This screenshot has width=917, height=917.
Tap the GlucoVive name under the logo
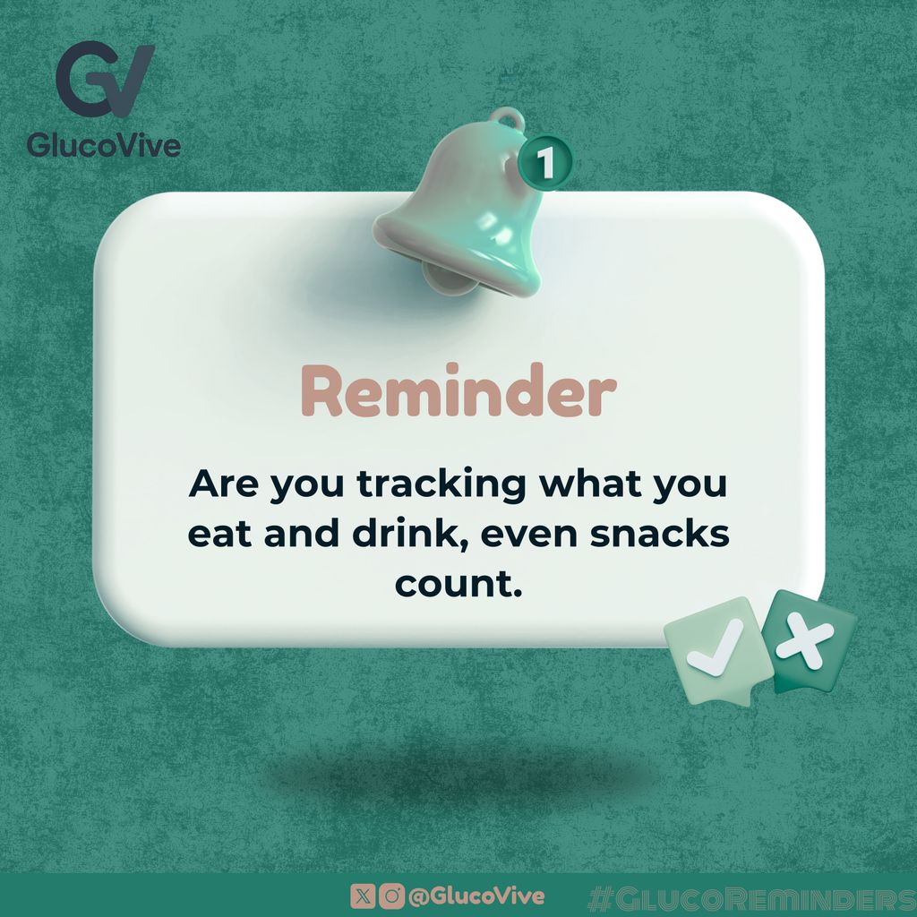[x=103, y=144]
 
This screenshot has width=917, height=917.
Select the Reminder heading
[x=458, y=393]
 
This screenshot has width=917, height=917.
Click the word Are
[x=223, y=484]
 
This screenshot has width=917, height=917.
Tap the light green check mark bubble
[x=716, y=648]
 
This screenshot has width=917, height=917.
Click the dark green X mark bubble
[x=808, y=639]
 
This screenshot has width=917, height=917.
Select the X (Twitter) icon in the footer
[x=363, y=896]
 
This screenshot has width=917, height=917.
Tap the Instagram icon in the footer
[x=390, y=896]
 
